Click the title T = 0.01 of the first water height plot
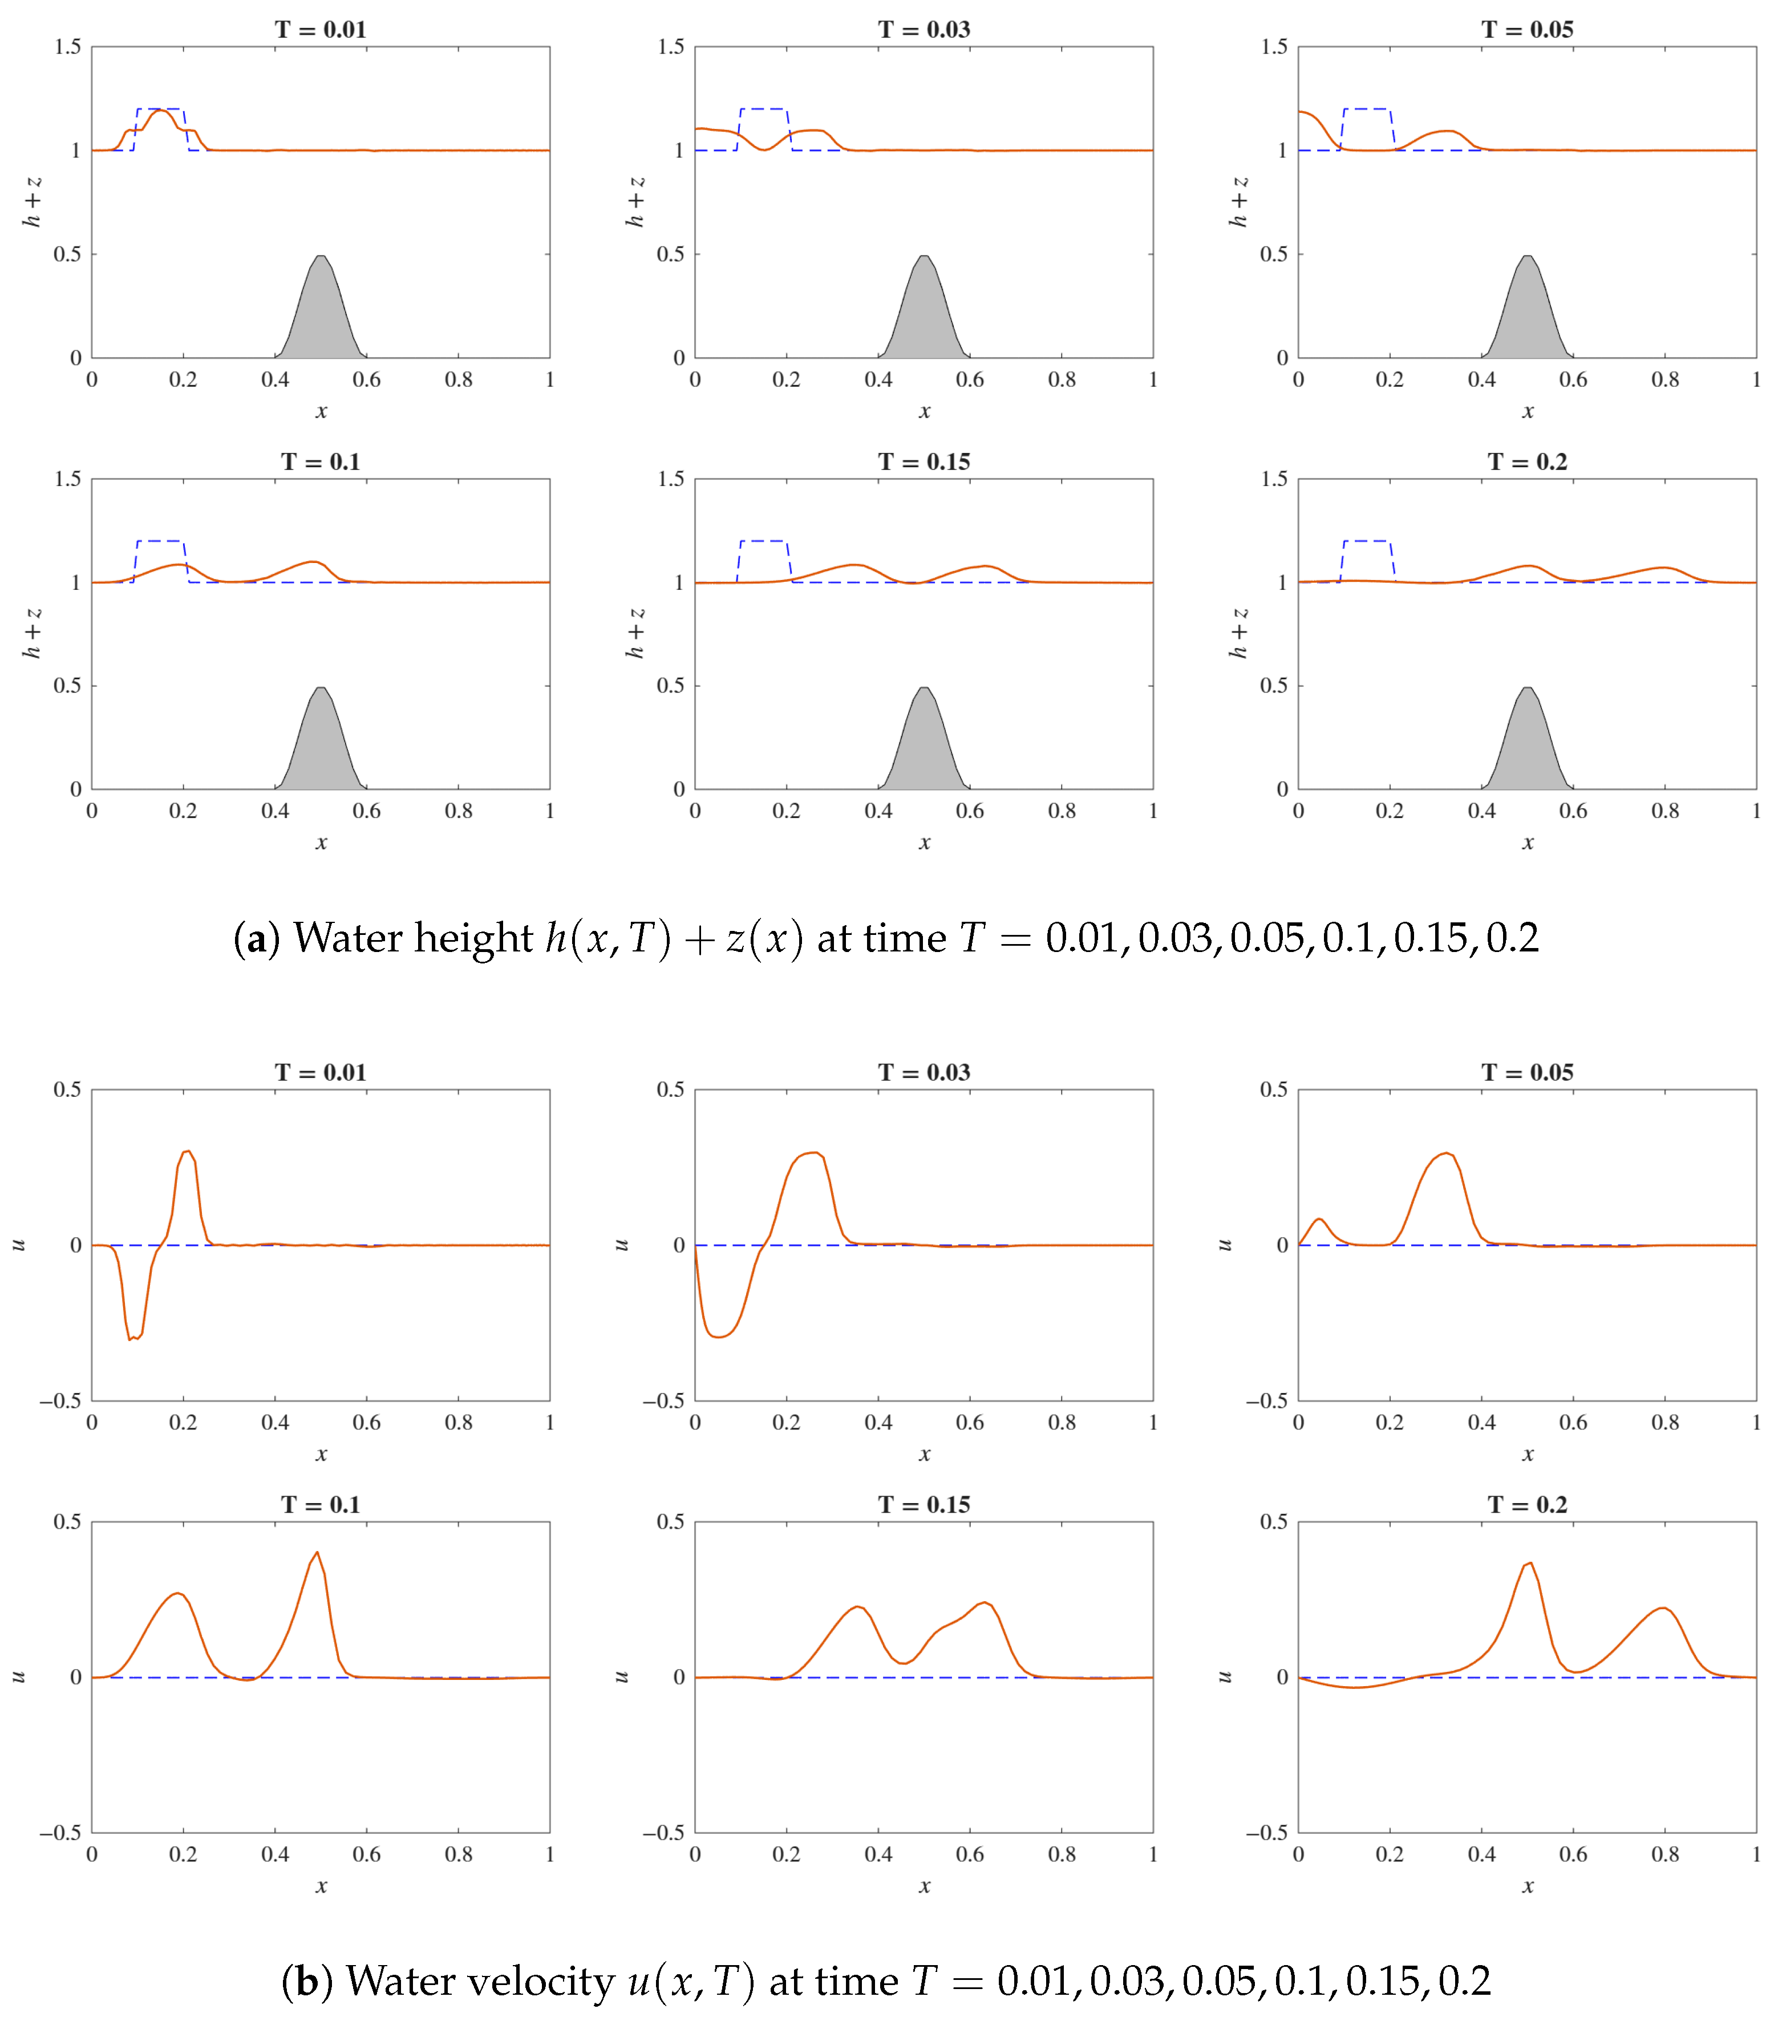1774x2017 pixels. coord(321,30)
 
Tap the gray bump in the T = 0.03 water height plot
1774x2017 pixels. coord(924,316)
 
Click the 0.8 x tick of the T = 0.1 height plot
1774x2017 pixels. coord(459,811)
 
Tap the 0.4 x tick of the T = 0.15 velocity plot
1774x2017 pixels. coord(878,1854)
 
